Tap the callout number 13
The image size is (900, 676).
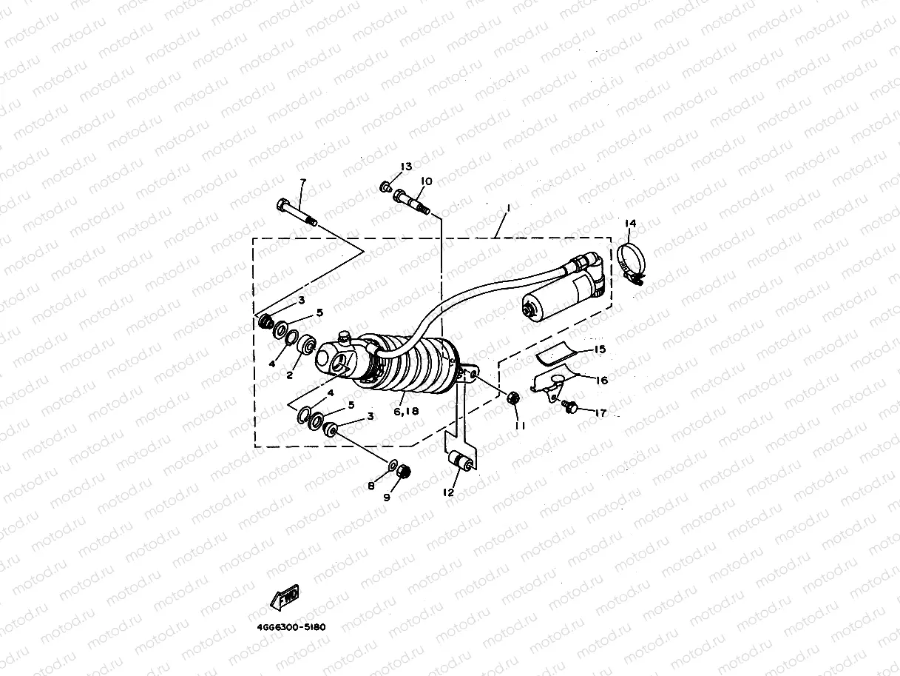pos(406,167)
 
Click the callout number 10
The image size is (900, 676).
pos(427,181)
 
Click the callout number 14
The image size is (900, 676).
pos(629,223)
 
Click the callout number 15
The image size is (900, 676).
pos(599,349)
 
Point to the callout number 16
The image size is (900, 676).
pos(601,380)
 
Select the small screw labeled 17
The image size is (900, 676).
pos(570,406)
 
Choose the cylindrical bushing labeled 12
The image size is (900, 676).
pos(465,464)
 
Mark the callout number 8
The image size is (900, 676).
pos(372,486)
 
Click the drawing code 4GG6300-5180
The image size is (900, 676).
pos(291,627)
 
